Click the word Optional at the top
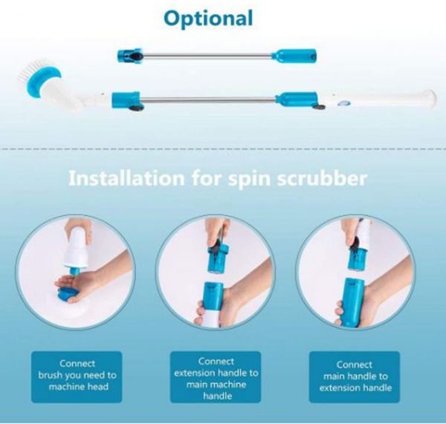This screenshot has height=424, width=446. [208, 19]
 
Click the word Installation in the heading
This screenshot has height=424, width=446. [126, 178]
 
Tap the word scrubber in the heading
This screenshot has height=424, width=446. [322, 178]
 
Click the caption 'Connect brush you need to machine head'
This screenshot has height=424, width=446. [77, 375]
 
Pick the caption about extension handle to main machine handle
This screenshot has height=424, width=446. [216, 378]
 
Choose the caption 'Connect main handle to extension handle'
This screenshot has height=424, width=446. [355, 376]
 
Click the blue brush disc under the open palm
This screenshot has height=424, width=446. [68, 293]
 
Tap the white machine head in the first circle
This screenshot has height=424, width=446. [76, 248]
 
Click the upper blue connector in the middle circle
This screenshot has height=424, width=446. [218, 258]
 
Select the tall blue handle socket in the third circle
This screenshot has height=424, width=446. [354, 301]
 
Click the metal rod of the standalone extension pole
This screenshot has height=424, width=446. [207, 55]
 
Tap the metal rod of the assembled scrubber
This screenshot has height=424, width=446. [208, 100]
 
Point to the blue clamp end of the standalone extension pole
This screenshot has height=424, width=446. [129, 55]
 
